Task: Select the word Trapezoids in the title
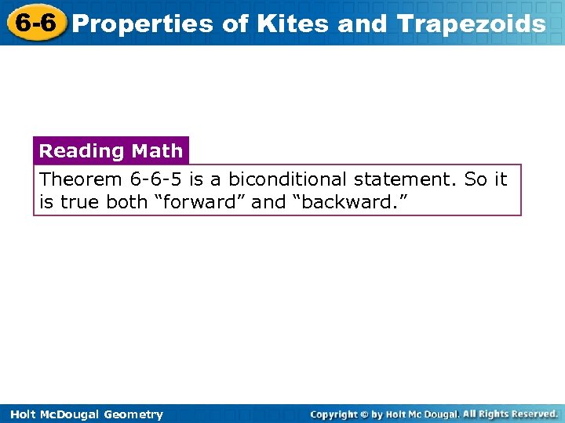(472, 24)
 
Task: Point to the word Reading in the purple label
(82, 150)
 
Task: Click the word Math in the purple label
(157, 150)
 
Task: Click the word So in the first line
(476, 179)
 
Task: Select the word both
(127, 202)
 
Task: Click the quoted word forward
(200, 202)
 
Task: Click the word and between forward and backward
(268, 202)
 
